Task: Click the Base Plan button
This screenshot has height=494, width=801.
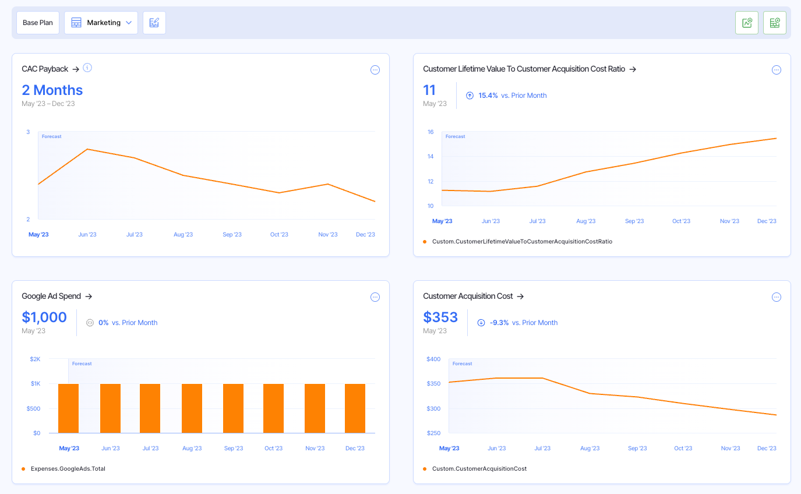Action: (x=38, y=23)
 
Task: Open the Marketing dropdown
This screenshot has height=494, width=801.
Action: (x=101, y=23)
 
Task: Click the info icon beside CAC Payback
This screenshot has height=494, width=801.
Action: (x=87, y=68)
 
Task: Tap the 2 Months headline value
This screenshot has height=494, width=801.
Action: (x=52, y=90)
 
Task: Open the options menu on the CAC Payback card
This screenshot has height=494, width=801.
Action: (x=375, y=70)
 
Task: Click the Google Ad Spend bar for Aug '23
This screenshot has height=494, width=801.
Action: (x=192, y=408)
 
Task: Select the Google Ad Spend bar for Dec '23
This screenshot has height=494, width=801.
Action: (x=355, y=408)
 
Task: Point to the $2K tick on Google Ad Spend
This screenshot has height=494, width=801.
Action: (x=36, y=359)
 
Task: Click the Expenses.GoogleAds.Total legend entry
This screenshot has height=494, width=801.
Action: (x=68, y=468)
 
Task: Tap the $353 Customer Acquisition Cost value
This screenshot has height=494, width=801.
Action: (x=440, y=317)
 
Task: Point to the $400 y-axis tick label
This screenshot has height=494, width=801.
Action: (x=433, y=359)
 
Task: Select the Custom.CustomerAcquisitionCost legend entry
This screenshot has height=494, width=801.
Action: (x=479, y=468)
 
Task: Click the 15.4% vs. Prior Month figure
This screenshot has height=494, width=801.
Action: (x=488, y=96)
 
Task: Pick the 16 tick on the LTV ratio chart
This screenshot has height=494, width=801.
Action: (x=431, y=132)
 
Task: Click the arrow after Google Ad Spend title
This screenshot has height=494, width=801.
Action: (x=89, y=296)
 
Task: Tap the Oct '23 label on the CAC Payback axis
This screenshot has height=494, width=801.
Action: (x=279, y=234)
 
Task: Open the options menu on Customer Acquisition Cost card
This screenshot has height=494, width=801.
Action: (x=777, y=297)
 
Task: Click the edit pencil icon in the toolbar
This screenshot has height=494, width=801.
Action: (x=154, y=23)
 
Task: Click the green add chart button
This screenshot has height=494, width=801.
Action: (x=747, y=23)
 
